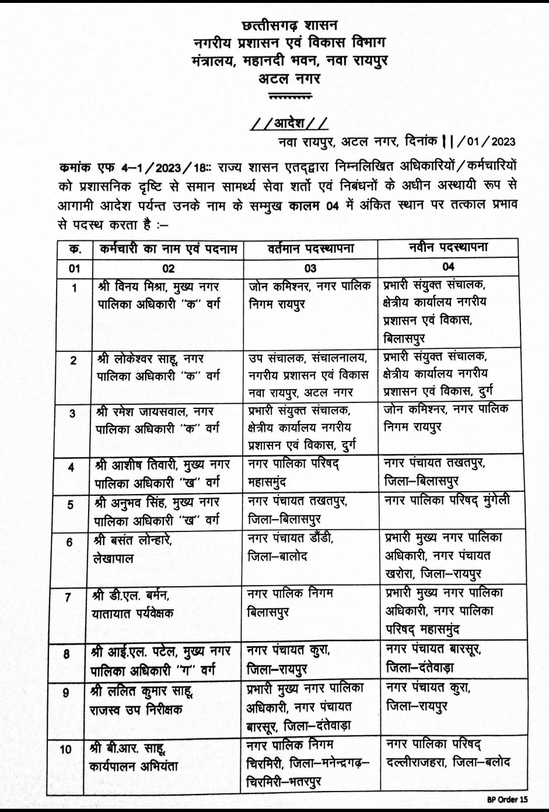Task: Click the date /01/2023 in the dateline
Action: click(x=487, y=142)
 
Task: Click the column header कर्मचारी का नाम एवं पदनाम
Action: click(x=167, y=249)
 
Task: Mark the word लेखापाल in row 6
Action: click(x=116, y=558)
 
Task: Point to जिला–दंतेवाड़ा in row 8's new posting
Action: click(x=419, y=667)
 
